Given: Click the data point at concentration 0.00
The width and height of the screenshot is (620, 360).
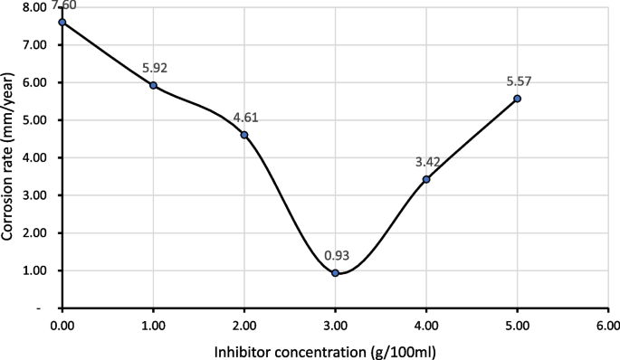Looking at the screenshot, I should pyautogui.click(x=62, y=22).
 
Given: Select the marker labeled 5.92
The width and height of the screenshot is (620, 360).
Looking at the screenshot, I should pyautogui.click(x=154, y=85).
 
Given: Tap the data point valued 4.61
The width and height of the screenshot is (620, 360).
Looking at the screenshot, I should pyautogui.click(x=244, y=135).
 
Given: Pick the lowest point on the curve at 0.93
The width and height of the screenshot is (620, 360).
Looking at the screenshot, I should pyautogui.click(x=335, y=272).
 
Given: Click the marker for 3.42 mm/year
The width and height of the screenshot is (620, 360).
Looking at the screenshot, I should pyautogui.click(x=426, y=179).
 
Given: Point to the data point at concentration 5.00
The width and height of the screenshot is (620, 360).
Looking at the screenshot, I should pyautogui.click(x=517, y=99).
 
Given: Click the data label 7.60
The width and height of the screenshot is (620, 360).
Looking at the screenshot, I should pyautogui.click(x=62, y=5).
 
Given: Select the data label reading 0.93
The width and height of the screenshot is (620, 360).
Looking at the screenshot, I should pyautogui.click(x=335, y=256).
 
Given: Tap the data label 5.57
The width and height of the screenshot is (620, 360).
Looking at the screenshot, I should pyautogui.click(x=517, y=81).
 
